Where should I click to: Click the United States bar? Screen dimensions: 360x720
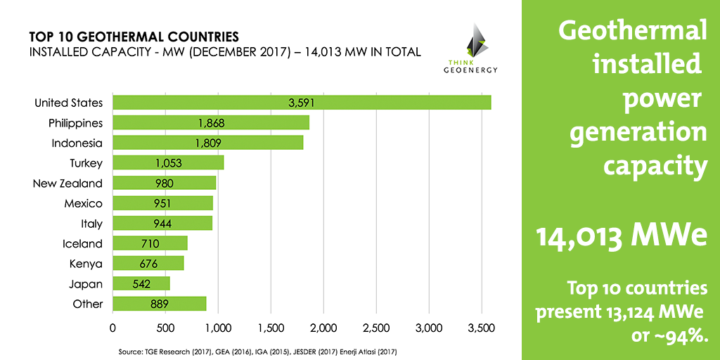tap(302, 103)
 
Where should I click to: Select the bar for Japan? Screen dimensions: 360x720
tap(141, 284)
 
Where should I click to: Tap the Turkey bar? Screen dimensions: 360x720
tap(168, 163)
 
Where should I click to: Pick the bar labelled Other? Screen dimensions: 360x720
tap(159, 304)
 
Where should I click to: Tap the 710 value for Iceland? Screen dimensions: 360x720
tap(150, 244)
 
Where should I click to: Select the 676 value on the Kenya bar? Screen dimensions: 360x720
tap(148, 264)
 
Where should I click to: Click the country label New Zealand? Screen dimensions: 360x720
tap(67, 184)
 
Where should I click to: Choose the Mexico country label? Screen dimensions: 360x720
tap(84, 204)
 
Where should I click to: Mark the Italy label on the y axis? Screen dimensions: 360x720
tap(91, 224)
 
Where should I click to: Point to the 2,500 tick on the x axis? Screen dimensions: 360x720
tap(376, 328)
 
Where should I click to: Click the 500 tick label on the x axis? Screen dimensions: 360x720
tap(165, 328)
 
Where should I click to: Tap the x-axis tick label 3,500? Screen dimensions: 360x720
tap(482, 328)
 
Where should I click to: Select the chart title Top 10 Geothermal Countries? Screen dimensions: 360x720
tap(133, 35)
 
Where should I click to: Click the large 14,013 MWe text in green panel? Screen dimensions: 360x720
tap(622, 236)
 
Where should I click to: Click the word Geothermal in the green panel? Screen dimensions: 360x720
tap(631, 32)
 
